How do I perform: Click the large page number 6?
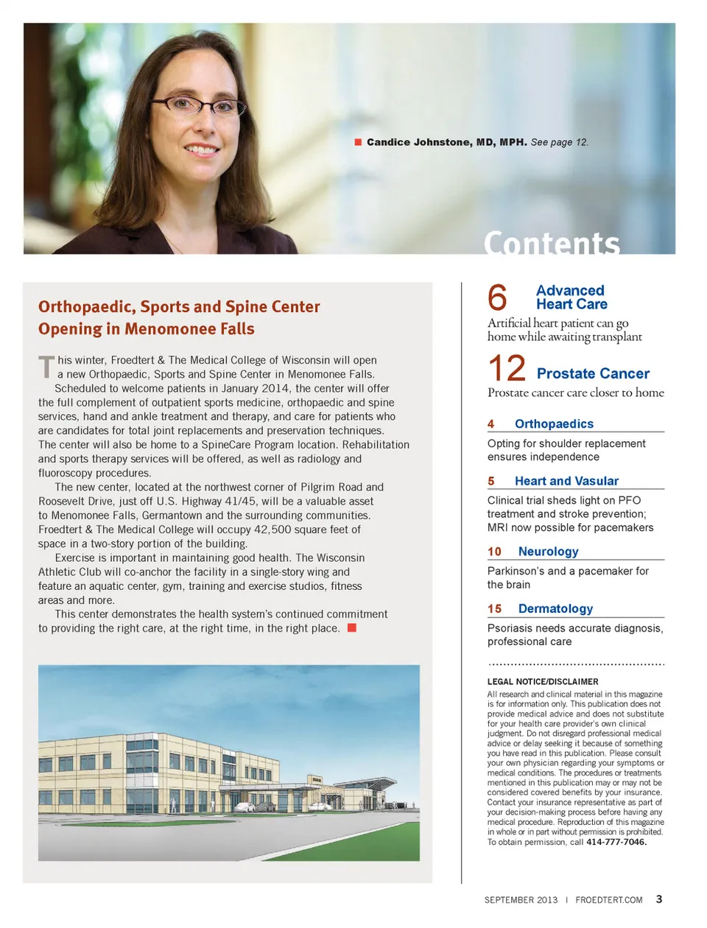498,298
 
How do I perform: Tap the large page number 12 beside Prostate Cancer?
507,368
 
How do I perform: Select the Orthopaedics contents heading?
554,424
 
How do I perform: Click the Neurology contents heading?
548,552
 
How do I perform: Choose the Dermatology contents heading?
555,609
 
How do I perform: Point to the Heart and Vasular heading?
566,481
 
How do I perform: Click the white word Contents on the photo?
552,243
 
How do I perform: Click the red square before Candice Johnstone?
358,142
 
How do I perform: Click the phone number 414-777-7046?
616,842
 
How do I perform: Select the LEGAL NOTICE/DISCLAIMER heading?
543,682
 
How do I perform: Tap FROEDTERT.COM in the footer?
609,900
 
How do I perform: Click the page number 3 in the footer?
659,899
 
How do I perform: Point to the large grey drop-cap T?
46,366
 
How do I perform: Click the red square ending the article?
352,628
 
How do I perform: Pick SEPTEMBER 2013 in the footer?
521,900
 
